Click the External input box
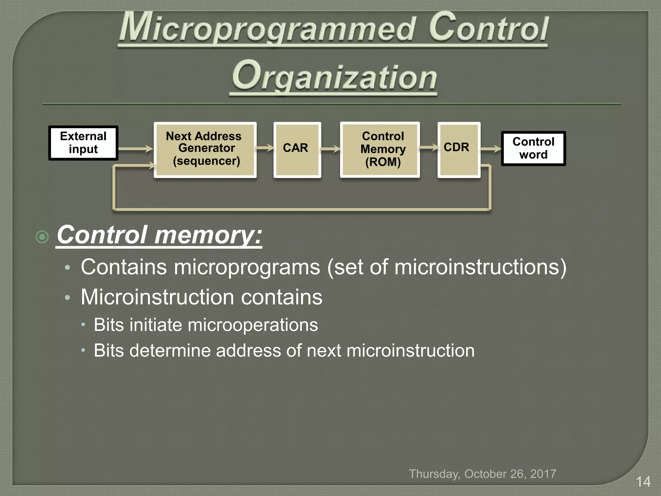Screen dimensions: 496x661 pos(83,143)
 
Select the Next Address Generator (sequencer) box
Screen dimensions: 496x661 pos(205,150)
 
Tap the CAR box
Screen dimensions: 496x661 pos(297,150)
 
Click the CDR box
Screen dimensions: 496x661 pos(459,150)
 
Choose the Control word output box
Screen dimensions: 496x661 pos(533,149)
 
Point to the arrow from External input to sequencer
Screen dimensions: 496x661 pos(136,149)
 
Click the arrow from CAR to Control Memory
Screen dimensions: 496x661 pos(330,149)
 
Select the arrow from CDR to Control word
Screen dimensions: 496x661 pos(491,149)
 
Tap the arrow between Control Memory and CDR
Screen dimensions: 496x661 pos(429,148)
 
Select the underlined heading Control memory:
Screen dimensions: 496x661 pos(159,235)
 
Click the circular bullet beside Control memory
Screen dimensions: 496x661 pos(42,237)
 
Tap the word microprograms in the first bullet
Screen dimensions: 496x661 pos(247,267)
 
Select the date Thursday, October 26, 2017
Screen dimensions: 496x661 pos(483,474)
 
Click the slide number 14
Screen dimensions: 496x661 pos(643,482)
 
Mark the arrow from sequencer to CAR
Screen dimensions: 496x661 pos(265,148)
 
